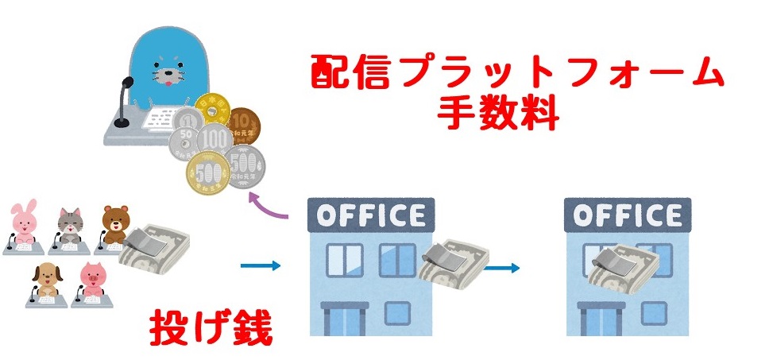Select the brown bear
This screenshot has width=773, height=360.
tap(115, 224)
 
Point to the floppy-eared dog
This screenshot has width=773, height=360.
tap(48, 279)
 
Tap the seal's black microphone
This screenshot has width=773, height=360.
tap(123, 102)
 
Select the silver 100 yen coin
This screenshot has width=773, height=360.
tap(215, 140)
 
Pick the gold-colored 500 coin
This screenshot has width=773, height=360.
tap(207, 172)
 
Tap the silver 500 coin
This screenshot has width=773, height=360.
tap(246, 166)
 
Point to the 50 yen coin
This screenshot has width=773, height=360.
tap(183, 145)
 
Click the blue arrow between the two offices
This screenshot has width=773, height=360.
tap(501, 268)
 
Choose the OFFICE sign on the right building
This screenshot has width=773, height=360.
tap(628, 215)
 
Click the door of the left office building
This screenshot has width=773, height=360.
tap(345, 319)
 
